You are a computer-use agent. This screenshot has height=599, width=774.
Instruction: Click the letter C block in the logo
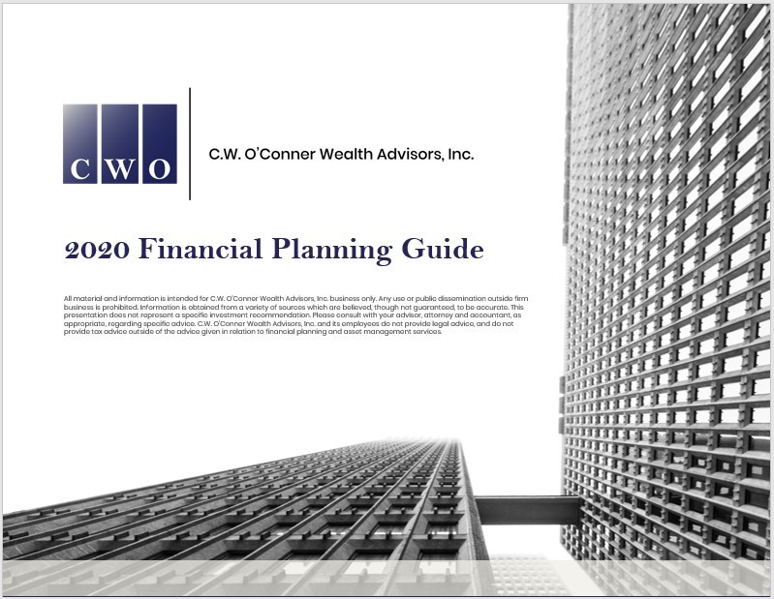click(x=80, y=143)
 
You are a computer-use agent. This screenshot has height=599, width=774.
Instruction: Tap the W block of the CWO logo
click(x=120, y=143)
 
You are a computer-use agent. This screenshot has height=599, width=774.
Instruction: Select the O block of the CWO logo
click(x=160, y=143)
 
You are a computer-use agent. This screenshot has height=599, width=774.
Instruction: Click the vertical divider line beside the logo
click(x=190, y=143)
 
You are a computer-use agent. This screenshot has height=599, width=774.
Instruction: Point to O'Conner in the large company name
click(x=280, y=154)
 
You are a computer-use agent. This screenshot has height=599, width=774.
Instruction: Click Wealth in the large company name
click(x=346, y=154)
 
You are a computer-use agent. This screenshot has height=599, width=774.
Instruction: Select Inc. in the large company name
click(x=461, y=154)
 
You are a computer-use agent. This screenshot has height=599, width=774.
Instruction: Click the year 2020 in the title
click(x=97, y=249)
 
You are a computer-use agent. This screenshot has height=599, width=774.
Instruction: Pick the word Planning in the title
click(x=331, y=250)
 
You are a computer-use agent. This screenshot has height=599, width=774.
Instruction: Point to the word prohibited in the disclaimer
click(x=120, y=307)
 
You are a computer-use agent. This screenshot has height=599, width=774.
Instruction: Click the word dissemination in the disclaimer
click(x=461, y=298)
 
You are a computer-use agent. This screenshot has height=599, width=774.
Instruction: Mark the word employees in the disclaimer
click(x=361, y=324)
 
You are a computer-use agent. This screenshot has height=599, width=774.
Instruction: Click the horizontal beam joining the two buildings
click(x=528, y=511)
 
